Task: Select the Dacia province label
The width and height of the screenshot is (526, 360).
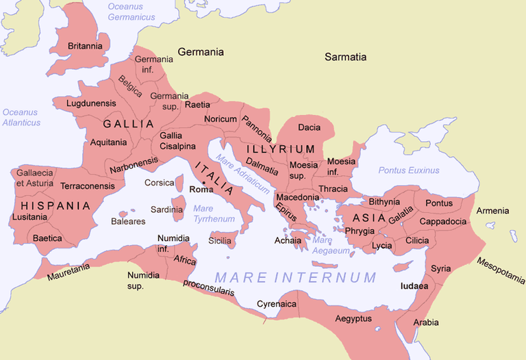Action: point(309,127)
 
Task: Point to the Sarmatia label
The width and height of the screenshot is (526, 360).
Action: point(346,57)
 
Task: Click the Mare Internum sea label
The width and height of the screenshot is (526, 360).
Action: point(295,278)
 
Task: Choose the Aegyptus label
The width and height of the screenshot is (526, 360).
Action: point(353,319)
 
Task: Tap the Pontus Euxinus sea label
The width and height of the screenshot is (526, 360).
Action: point(409,170)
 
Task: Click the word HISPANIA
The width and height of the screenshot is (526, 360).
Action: point(55,205)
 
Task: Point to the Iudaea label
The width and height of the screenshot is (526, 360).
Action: point(414,285)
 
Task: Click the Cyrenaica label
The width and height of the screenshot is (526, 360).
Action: point(277,303)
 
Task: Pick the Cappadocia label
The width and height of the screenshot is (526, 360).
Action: point(442,222)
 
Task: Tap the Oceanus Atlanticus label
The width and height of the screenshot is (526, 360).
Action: point(21,118)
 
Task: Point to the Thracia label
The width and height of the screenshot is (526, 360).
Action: point(334,189)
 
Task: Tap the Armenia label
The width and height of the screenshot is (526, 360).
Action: point(492,211)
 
